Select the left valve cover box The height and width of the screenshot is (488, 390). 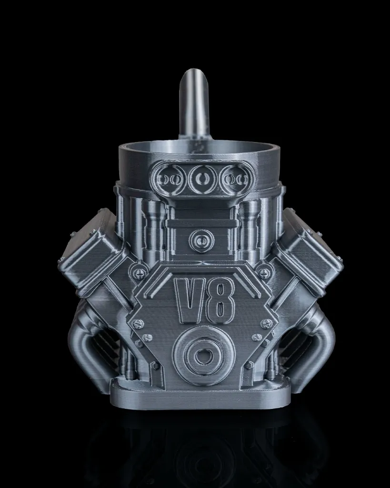(x=91, y=253)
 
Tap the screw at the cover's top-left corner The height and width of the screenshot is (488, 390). (x=138, y=273)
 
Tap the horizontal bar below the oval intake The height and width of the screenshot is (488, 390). (x=202, y=223)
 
